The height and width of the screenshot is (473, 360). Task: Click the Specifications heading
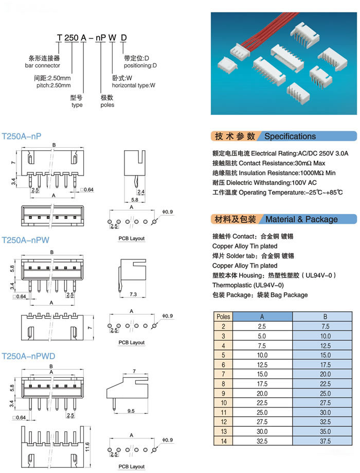(x=290, y=136)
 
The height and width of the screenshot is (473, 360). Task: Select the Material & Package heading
(x=301, y=219)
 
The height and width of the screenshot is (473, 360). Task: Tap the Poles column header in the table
(x=223, y=317)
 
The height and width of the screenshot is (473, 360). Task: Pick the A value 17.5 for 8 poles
(x=262, y=384)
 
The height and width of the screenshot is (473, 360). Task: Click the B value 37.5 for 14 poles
(x=325, y=441)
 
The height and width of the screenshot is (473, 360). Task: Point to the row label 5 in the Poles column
(x=223, y=355)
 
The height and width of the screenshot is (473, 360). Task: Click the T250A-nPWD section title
(x=29, y=356)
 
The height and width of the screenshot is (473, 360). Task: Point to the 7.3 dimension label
(x=133, y=294)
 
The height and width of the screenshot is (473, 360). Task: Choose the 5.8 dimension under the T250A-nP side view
(x=134, y=200)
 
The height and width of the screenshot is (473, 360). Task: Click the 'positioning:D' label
(x=140, y=65)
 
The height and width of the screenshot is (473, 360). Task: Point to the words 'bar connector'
(x=42, y=65)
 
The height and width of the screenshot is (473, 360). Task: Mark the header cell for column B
(x=325, y=317)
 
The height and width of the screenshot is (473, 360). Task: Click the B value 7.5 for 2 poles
(x=325, y=326)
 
